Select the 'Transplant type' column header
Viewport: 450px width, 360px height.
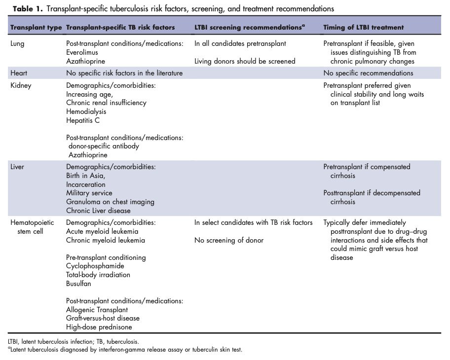tap(36, 27)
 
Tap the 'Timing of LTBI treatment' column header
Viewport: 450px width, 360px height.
tap(364, 27)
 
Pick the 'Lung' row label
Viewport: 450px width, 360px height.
tap(17, 43)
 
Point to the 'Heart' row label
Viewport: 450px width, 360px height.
tap(18, 73)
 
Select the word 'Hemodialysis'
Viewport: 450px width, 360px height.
tap(86, 111)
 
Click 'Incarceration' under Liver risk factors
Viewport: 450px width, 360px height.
tap(86, 184)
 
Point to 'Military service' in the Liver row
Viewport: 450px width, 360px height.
tap(89, 193)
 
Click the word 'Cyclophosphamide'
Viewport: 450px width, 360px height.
tap(95, 266)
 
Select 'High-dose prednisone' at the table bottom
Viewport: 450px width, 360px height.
tap(99, 326)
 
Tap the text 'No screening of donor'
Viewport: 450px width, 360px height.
tap(229, 240)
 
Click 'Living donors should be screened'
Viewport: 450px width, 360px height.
tap(245, 61)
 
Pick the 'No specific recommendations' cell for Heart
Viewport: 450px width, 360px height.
tap(368, 73)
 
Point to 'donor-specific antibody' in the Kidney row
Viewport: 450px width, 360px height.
tap(104, 146)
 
